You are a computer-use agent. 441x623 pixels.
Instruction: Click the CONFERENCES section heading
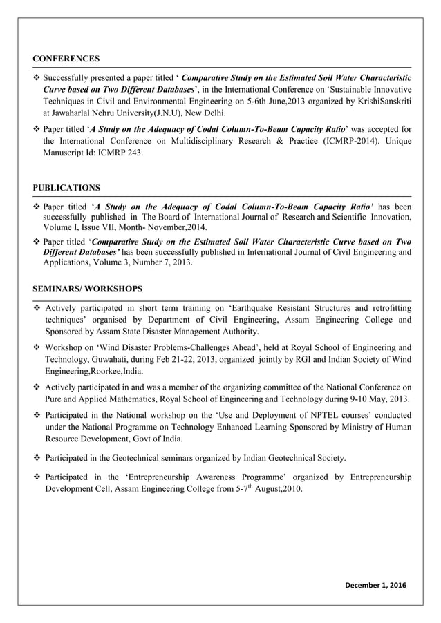coord(66,59)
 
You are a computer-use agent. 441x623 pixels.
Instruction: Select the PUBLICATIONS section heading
coord(66,188)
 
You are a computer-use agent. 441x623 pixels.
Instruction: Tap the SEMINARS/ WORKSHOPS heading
coord(88,288)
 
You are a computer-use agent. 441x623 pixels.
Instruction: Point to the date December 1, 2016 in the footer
coord(377,586)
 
